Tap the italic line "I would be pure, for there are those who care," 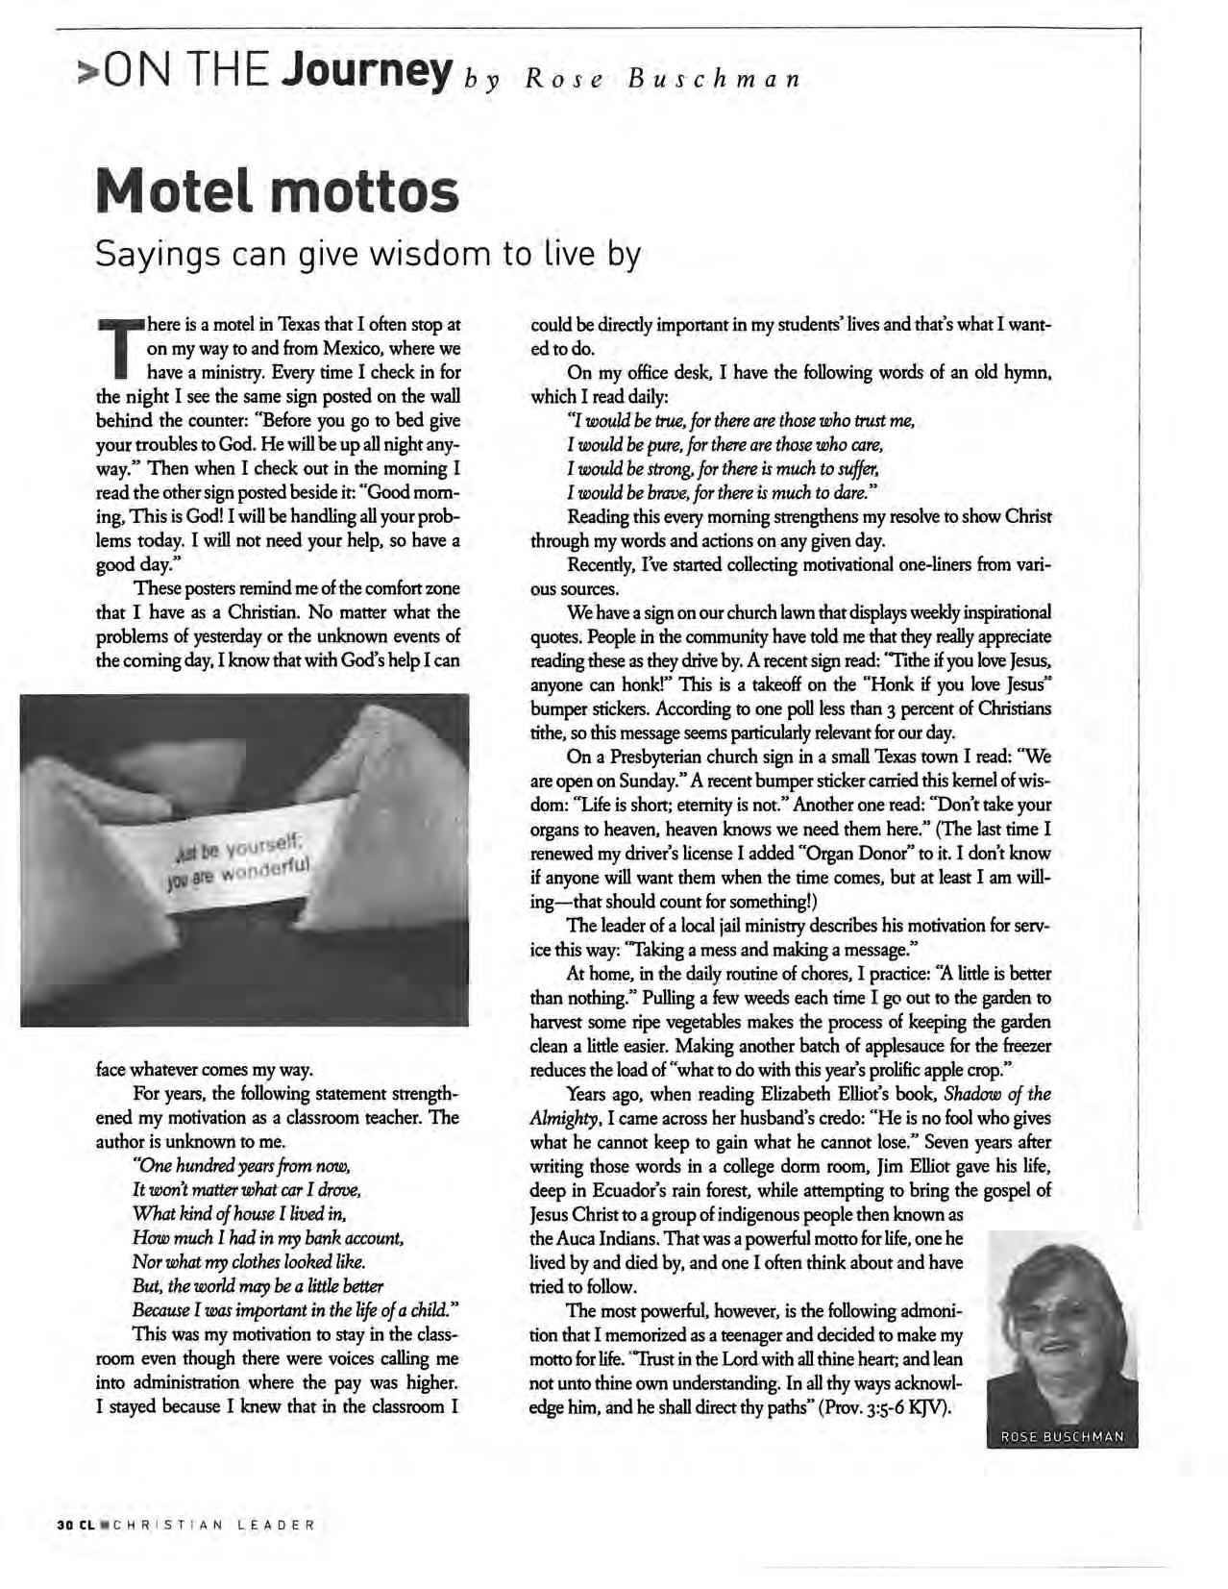[x=725, y=445]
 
